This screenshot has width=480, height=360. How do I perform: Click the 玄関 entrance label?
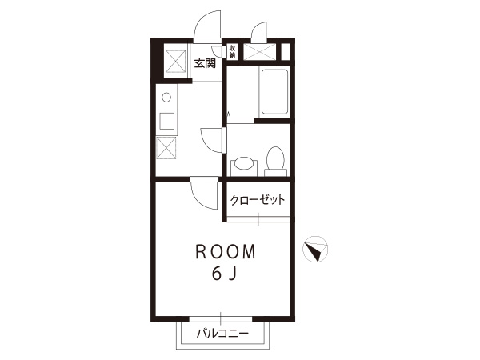205,63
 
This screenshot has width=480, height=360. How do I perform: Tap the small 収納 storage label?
232,52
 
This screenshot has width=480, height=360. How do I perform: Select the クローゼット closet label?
258,200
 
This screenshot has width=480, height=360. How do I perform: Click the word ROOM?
226,252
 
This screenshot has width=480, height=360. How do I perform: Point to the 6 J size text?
224,274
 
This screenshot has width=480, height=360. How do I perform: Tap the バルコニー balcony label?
222,333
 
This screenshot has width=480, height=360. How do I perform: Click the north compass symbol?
315,249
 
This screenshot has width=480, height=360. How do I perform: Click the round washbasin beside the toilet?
244,164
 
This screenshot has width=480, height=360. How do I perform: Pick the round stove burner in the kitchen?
166,98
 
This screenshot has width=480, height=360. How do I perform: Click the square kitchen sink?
167,121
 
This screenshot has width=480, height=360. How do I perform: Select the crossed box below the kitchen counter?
166,148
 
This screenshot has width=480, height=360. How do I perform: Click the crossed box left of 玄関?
175,61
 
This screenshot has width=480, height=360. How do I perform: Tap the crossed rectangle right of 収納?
259,52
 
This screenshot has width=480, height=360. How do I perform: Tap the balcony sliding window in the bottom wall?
221,318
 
